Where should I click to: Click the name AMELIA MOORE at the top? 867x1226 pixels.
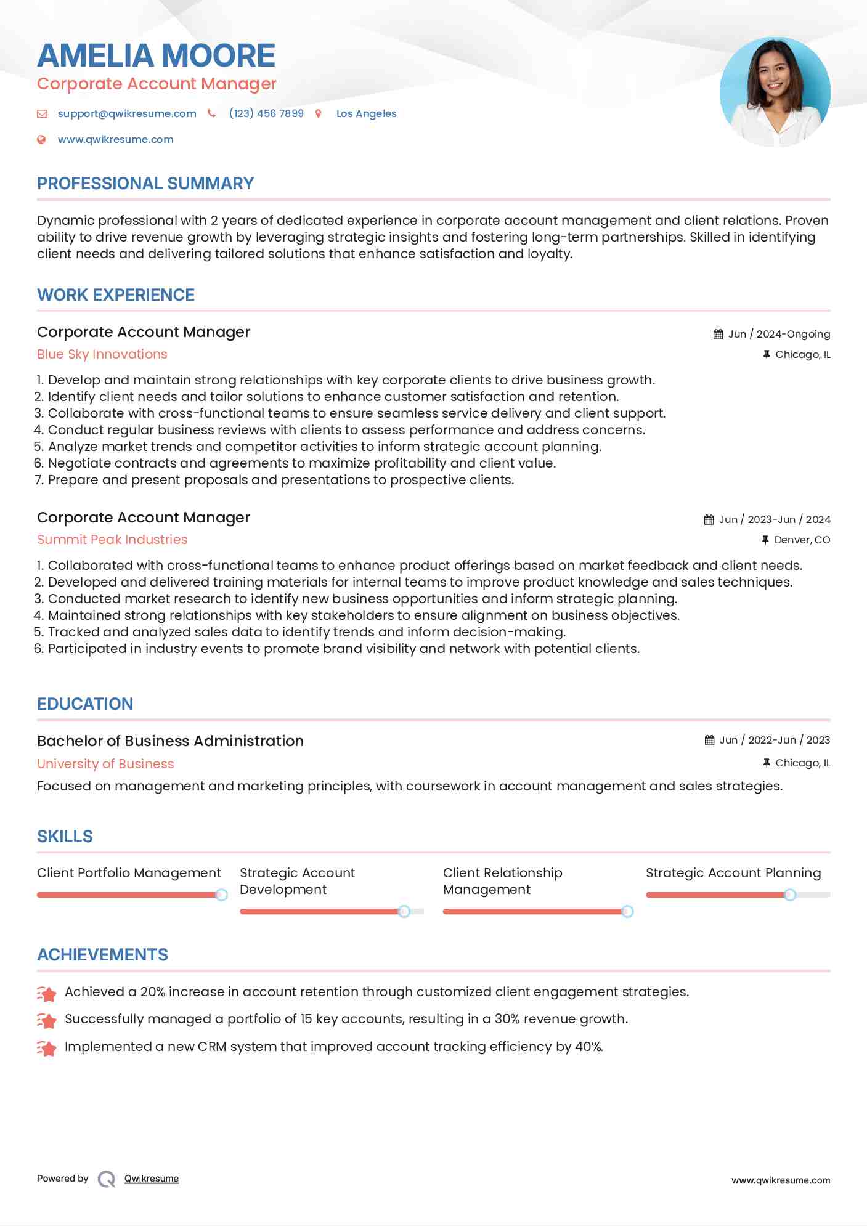coord(156,55)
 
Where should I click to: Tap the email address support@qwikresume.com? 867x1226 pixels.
coord(127,113)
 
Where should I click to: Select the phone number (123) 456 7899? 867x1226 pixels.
coord(266,113)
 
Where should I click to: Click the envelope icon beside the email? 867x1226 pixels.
coord(42,113)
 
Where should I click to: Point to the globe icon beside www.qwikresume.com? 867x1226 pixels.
coord(41,140)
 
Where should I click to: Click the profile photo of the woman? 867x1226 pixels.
coord(775,92)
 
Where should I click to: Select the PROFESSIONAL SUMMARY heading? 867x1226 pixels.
coord(145,184)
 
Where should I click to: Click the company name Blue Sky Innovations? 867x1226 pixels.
coord(102,354)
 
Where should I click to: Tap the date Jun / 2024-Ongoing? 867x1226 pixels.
coord(779,334)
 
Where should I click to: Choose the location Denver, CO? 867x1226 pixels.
coord(802,540)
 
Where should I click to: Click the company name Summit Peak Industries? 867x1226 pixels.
coord(112,540)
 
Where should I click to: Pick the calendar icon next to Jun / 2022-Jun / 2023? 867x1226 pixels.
coord(710,740)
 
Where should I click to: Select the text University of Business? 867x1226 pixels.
coord(105,764)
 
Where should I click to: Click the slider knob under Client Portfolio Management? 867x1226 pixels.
coord(221,895)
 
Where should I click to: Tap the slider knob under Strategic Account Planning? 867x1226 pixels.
coord(789,895)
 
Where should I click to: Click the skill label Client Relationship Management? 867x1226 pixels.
coord(502,881)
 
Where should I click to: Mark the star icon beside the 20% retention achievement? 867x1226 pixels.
coord(47,993)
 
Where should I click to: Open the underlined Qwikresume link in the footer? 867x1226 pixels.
coord(152,1179)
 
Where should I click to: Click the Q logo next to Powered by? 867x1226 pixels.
coord(107,1179)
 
